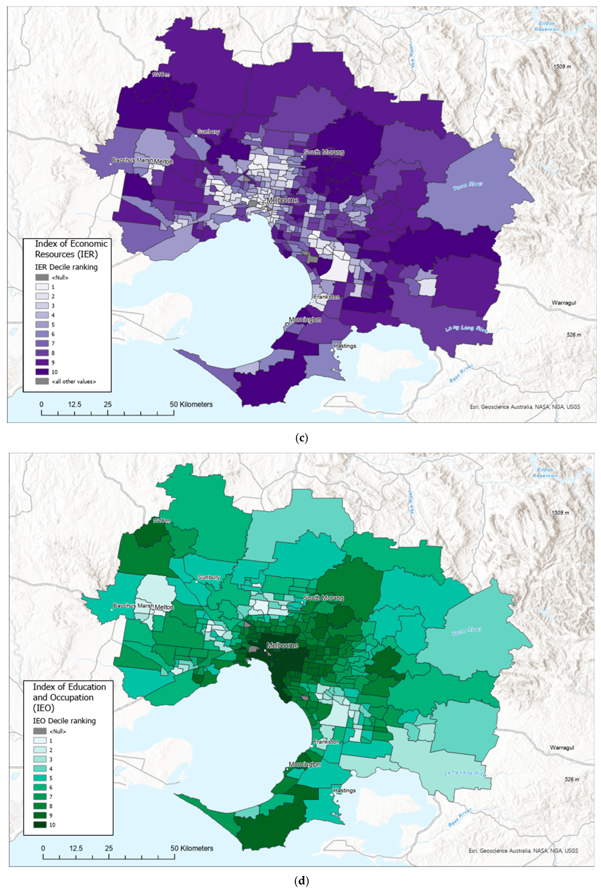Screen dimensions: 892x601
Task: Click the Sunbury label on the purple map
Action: tap(209, 132)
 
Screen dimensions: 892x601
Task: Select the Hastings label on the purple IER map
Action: tap(345, 346)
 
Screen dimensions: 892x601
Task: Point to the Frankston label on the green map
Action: tap(326, 741)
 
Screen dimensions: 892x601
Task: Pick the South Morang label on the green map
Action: tap(324, 598)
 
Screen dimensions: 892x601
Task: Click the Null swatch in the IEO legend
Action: tap(40, 731)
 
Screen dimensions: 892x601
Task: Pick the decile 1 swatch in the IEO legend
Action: tap(40, 741)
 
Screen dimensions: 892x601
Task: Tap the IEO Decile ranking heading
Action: tap(64, 720)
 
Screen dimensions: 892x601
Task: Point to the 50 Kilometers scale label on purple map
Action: tap(191, 404)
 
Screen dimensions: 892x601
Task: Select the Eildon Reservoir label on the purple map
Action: tap(547, 26)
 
